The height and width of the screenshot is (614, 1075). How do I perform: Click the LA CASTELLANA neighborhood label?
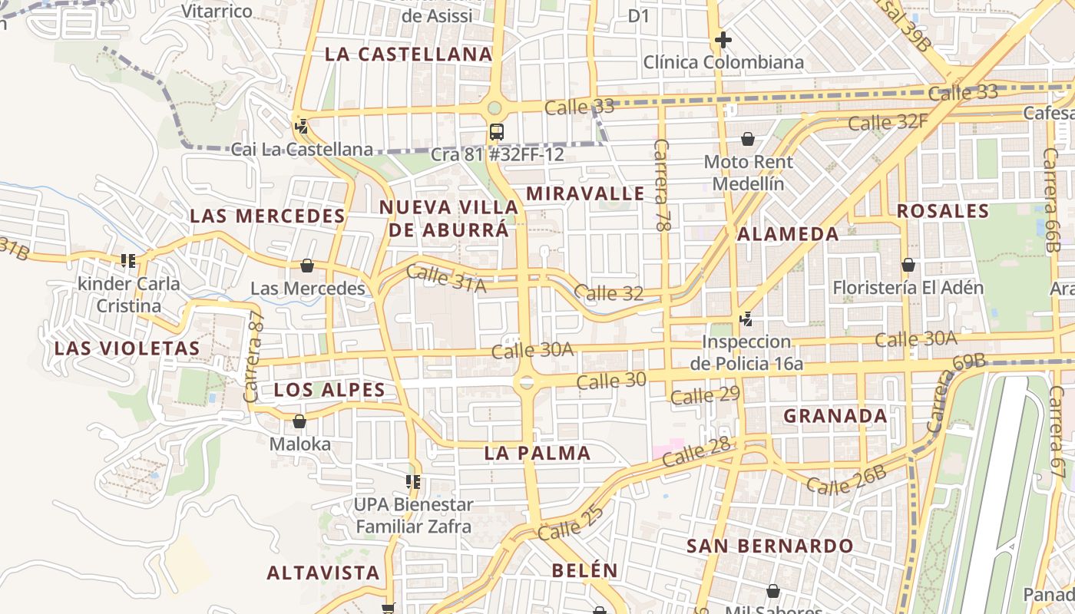point(408,54)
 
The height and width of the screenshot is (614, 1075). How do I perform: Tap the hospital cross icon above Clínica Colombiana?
point(723,39)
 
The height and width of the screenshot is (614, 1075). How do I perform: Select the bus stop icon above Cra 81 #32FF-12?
point(497,131)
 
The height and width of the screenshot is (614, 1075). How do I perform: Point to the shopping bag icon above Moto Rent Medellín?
point(747,139)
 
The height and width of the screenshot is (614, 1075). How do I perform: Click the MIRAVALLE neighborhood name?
point(586,193)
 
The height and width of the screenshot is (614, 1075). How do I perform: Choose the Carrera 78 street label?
point(663,186)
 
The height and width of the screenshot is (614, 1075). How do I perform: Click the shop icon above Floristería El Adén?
point(908,265)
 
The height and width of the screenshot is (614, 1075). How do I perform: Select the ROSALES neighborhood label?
point(942,211)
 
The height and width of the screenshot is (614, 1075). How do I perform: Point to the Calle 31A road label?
point(446,279)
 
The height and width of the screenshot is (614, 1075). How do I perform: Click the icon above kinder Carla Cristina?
point(128,261)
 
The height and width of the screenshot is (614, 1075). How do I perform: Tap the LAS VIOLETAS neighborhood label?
point(127,348)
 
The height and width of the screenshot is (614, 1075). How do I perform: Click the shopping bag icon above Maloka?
point(299,421)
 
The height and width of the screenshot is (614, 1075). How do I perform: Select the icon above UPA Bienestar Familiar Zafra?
point(413,482)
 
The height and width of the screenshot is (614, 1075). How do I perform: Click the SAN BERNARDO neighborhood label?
point(769,546)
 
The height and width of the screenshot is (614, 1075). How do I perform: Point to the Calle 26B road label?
point(846,480)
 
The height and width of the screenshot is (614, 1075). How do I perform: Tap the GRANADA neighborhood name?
point(835,416)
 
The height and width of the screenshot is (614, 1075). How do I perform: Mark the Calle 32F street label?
point(888,121)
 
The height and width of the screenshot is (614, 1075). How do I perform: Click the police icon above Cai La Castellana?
point(302,126)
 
